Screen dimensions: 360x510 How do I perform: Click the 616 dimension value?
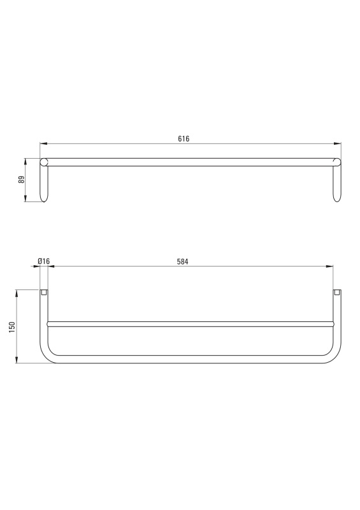(x=184, y=138)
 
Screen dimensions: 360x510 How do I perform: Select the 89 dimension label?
(x=22, y=180)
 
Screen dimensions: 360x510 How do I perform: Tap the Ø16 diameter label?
(x=43, y=261)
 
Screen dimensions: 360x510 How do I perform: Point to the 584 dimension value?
(x=182, y=261)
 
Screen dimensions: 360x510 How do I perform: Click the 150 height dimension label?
(x=12, y=326)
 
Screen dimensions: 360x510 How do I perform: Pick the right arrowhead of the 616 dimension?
(x=338, y=143)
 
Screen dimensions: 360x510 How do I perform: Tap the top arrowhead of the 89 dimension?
(x=25, y=162)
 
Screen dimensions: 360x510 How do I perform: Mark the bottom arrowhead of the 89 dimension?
(x=25, y=198)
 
